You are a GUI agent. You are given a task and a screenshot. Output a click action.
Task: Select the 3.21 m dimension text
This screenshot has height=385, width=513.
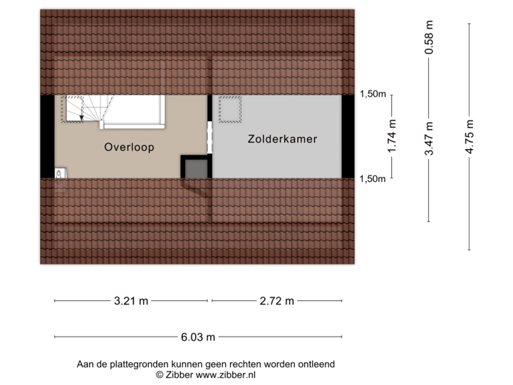tap(131, 301)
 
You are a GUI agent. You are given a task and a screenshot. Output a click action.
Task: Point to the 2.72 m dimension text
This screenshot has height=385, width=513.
tap(276, 301)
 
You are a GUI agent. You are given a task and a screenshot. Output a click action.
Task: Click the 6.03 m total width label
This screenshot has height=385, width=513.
tap(199, 337)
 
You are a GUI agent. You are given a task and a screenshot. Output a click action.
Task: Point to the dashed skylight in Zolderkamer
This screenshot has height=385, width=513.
tap(230, 109)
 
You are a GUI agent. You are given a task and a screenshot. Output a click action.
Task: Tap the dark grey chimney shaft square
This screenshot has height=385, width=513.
tap(195, 169)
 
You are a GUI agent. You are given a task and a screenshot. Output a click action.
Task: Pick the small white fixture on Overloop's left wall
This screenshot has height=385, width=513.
tap(59, 172)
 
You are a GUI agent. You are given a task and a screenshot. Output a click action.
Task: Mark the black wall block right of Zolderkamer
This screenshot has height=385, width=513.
tap(348, 136)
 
